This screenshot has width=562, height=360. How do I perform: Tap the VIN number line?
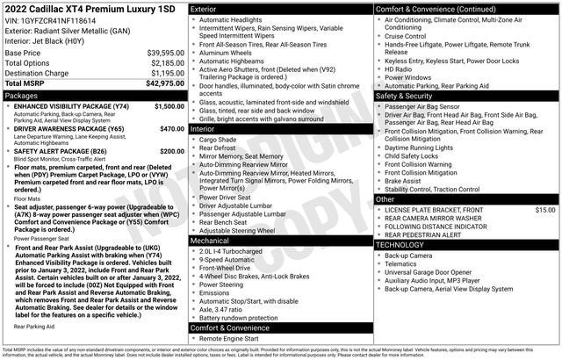55,19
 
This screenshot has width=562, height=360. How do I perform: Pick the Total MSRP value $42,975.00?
163,84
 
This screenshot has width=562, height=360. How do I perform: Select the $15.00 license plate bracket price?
545,211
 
